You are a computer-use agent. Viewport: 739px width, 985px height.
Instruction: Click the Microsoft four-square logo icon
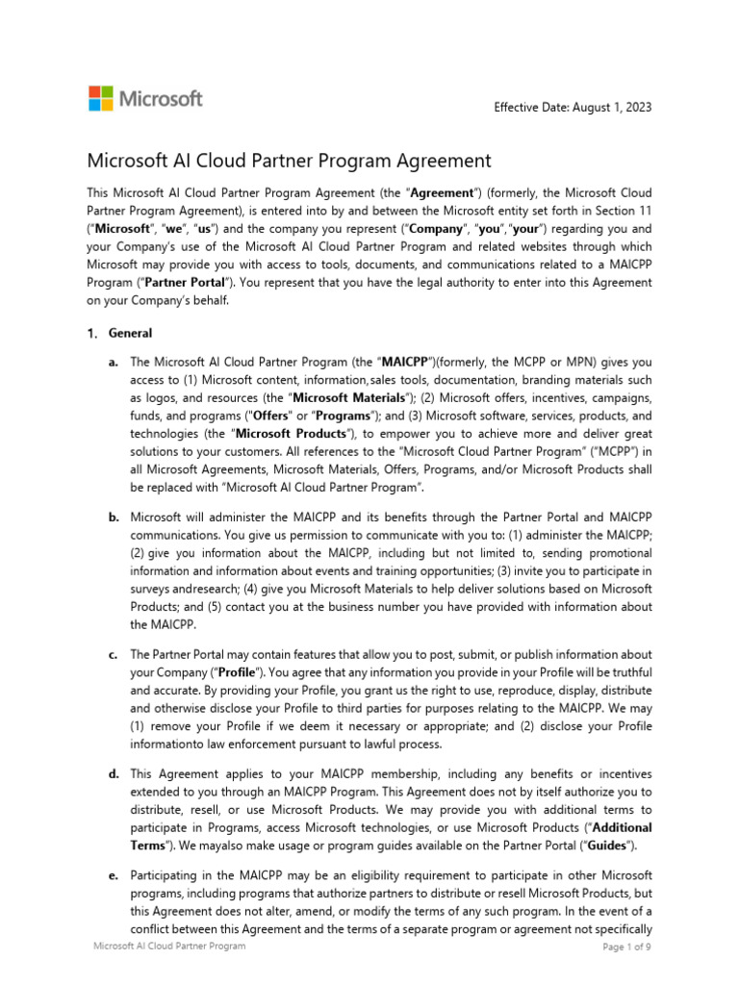pyautogui.click(x=101, y=98)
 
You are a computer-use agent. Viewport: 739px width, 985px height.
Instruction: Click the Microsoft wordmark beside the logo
pyautogui.click(x=161, y=98)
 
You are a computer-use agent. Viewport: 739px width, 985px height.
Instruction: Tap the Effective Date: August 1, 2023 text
pyautogui.click(x=572, y=107)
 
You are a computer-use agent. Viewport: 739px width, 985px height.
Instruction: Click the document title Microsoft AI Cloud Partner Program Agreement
pyautogui.click(x=290, y=161)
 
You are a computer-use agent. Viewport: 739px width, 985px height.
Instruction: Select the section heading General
pyautogui.click(x=131, y=334)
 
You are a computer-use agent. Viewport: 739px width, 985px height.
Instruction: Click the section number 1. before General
pyautogui.click(x=92, y=334)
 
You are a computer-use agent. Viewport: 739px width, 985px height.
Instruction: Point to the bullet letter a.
pyautogui.click(x=114, y=363)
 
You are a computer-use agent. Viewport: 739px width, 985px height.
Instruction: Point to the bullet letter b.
pyautogui.click(x=114, y=518)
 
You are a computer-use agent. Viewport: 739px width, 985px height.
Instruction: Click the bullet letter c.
pyautogui.click(x=114, y=655)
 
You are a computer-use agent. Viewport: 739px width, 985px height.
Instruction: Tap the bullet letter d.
pyautogui.click(x=114, y=774)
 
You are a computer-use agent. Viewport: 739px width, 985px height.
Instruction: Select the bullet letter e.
pyautogui.click(x=114, y=875)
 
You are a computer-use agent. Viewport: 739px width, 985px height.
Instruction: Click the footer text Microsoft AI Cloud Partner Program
pyautogui.click(x=169, y=947)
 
